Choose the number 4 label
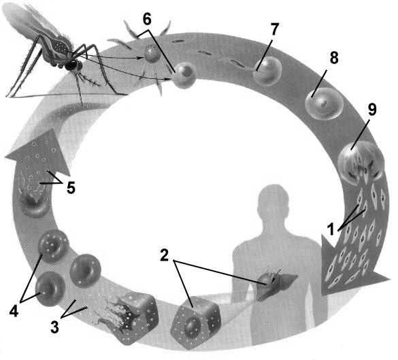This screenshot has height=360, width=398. (x=14, y=311)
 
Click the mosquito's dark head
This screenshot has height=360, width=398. (x=73, y=65)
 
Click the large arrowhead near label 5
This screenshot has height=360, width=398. (x=38, y=152)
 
